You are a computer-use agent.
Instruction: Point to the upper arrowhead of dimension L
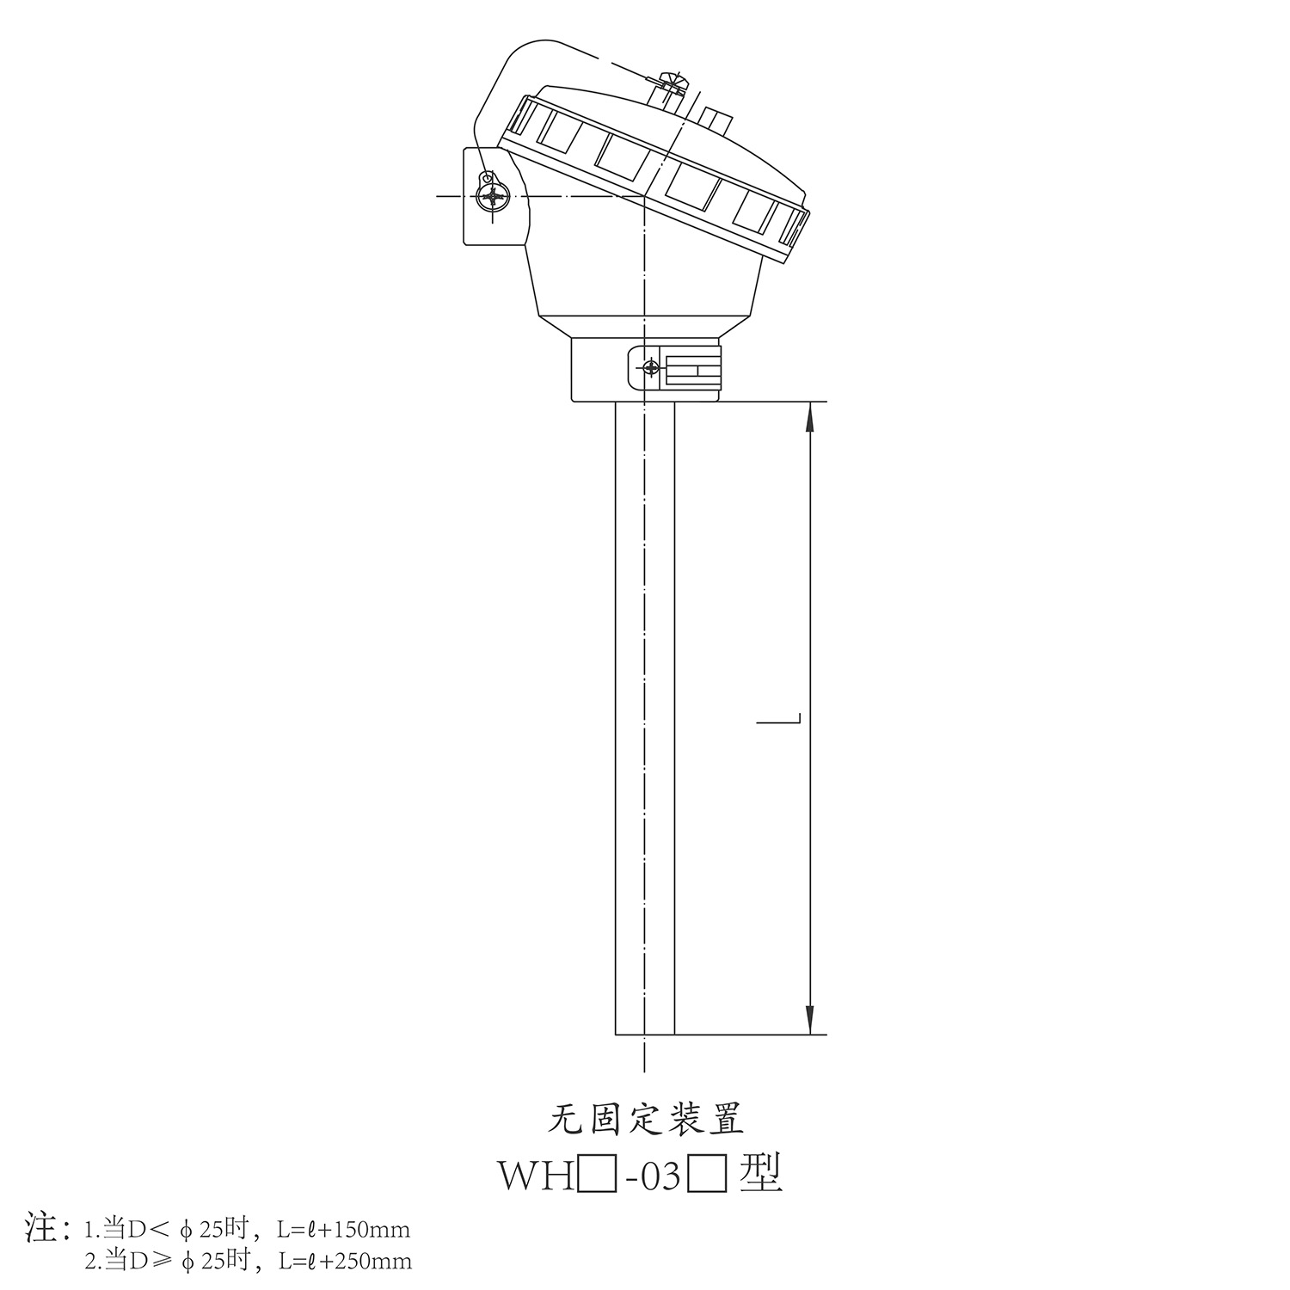809,417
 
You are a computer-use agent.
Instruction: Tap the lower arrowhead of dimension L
809,1019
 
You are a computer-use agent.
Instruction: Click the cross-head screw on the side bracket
493,198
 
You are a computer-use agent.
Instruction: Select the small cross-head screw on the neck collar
651,369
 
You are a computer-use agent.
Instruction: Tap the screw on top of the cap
673,84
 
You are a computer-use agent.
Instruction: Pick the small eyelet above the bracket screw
487,177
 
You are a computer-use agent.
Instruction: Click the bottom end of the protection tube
645,1034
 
